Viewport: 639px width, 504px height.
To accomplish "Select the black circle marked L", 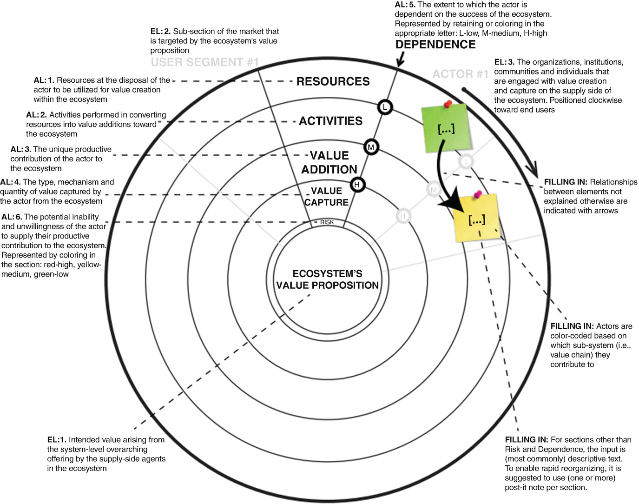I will [x=384, y=107].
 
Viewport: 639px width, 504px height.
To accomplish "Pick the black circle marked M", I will [x=371, y=147].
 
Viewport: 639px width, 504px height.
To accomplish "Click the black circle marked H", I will [x=357, y=185].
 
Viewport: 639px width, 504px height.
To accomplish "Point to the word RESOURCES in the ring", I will [x=333, y=81].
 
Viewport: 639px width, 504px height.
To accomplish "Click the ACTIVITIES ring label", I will [x=330, y=121].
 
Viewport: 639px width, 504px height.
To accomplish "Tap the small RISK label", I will [x=327, y=222].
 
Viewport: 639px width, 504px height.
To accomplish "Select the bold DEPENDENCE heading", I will [x=435, y=45].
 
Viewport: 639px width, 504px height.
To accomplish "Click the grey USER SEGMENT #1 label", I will [x=204, y=62].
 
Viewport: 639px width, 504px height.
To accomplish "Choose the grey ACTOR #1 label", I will [x=460, y=74].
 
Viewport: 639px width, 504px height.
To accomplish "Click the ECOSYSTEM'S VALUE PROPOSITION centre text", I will [x=327, y=279].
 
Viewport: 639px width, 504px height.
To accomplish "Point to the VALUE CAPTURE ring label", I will [x=327, y=197].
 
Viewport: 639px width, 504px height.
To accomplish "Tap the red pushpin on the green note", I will [x=448, y=104].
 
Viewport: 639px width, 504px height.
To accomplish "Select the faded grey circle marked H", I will [x=403, y=216].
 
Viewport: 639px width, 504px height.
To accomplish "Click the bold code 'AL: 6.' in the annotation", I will [x=12, y=217].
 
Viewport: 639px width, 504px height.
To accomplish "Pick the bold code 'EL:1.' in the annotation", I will [x=57, y=440].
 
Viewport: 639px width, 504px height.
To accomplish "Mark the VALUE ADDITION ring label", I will [x=329, y=162].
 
